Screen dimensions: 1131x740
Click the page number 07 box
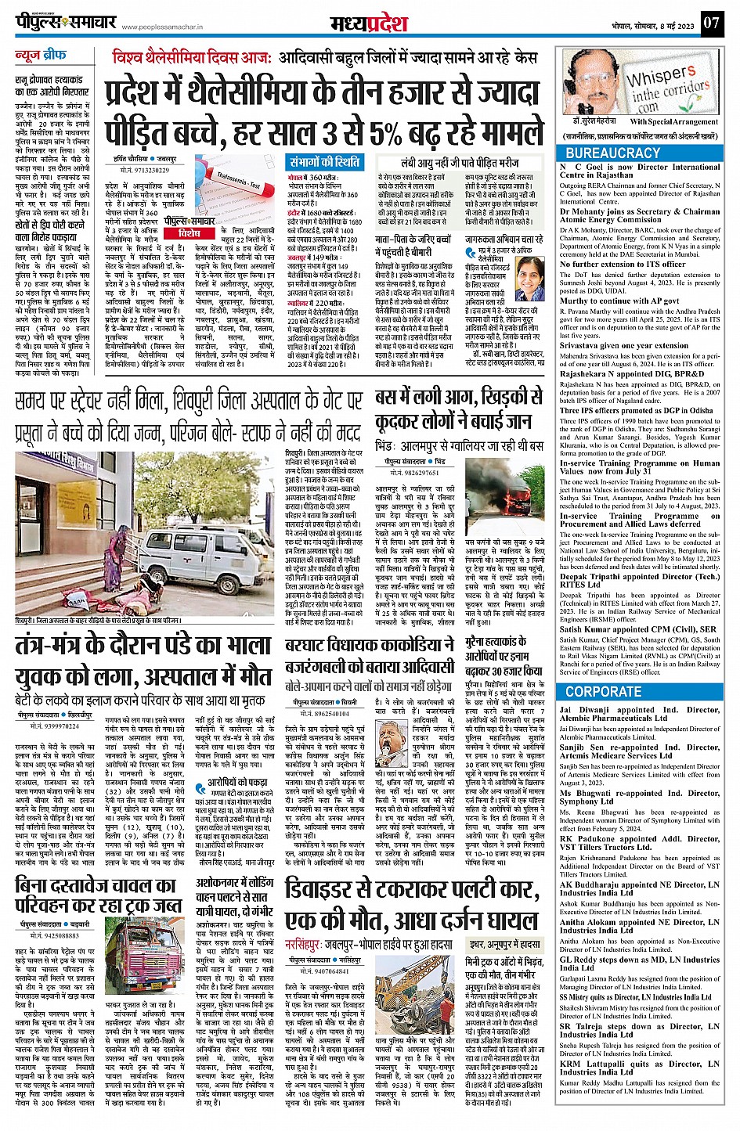(711, 23)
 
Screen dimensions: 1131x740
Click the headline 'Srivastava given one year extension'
(623, 345)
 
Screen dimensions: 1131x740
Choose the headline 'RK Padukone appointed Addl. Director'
(639, 842)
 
